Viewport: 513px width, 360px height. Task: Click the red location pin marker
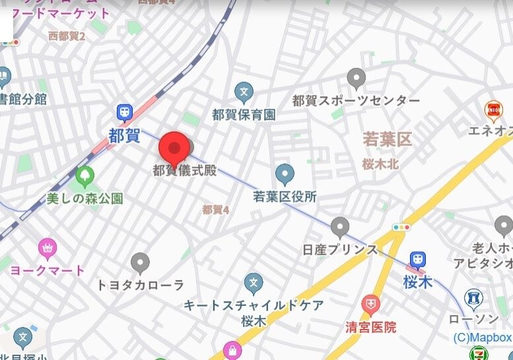pos(174,148)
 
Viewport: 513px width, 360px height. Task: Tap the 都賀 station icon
pos(124,113)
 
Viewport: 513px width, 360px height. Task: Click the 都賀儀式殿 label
pos(185,170)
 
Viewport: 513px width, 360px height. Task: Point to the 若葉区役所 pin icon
pos(285,174)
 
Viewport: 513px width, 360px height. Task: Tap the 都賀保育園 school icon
pos(244,92)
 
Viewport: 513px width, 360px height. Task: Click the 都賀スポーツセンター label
pos(356,100)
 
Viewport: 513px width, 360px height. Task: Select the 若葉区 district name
pos(387,139)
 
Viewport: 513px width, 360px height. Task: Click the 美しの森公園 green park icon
pos(85,176)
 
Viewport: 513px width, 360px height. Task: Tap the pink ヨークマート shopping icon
pos(48,249)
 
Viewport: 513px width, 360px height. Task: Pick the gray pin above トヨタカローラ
pos(140,264)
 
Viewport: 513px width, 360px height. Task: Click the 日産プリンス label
pos(340,250)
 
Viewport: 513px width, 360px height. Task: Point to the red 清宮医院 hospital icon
pos(371,305)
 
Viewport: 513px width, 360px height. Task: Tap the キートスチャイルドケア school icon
pos(253,283)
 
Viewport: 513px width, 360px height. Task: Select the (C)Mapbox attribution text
pos(482,338)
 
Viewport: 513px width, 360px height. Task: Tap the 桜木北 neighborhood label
pos(380,165)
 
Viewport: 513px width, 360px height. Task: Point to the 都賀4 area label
pos(215,209)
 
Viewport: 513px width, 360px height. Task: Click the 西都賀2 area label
pos(67,36)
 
